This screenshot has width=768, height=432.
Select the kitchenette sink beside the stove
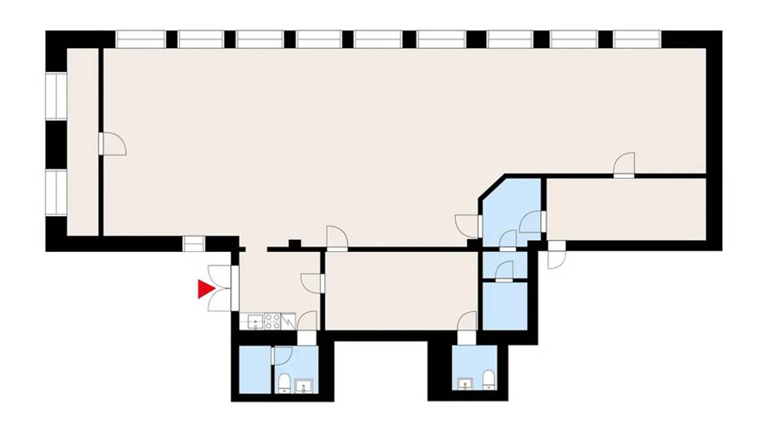253,322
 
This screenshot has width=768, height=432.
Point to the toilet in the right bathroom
488,379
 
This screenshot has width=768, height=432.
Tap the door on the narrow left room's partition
112,143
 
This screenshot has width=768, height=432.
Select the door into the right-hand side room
624,165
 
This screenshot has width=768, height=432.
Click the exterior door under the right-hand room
556,255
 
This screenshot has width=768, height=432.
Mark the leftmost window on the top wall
139,39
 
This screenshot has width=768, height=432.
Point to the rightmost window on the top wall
636,39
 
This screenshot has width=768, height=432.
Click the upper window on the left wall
56,95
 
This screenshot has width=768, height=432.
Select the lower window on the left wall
56,192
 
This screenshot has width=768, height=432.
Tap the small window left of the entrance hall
193,244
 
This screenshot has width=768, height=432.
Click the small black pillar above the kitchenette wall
295,243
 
